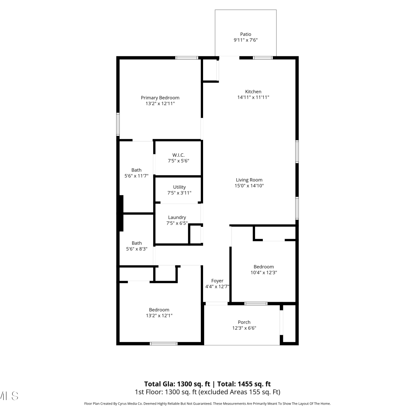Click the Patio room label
tap(246, 34)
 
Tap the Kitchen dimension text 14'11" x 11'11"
tap(253, 97)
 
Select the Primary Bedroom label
tap(160, 98)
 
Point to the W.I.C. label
tap(178, 155)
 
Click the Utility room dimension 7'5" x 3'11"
tap(179, 193)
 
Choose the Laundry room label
tap(177, 217)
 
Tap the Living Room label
tap(249, 180)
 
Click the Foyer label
tap(217, 281)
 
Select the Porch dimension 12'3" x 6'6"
tap(244, 328)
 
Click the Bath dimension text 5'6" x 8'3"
tap(137, 249)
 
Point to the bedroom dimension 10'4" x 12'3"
tap(264, 273)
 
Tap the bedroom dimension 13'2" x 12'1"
tap(159, 315)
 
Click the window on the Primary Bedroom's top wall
tap(187, 58)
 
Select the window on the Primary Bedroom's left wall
tap(118, 124)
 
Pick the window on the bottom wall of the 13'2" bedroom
tap(164, 344)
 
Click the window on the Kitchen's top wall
tap(263, 58)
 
